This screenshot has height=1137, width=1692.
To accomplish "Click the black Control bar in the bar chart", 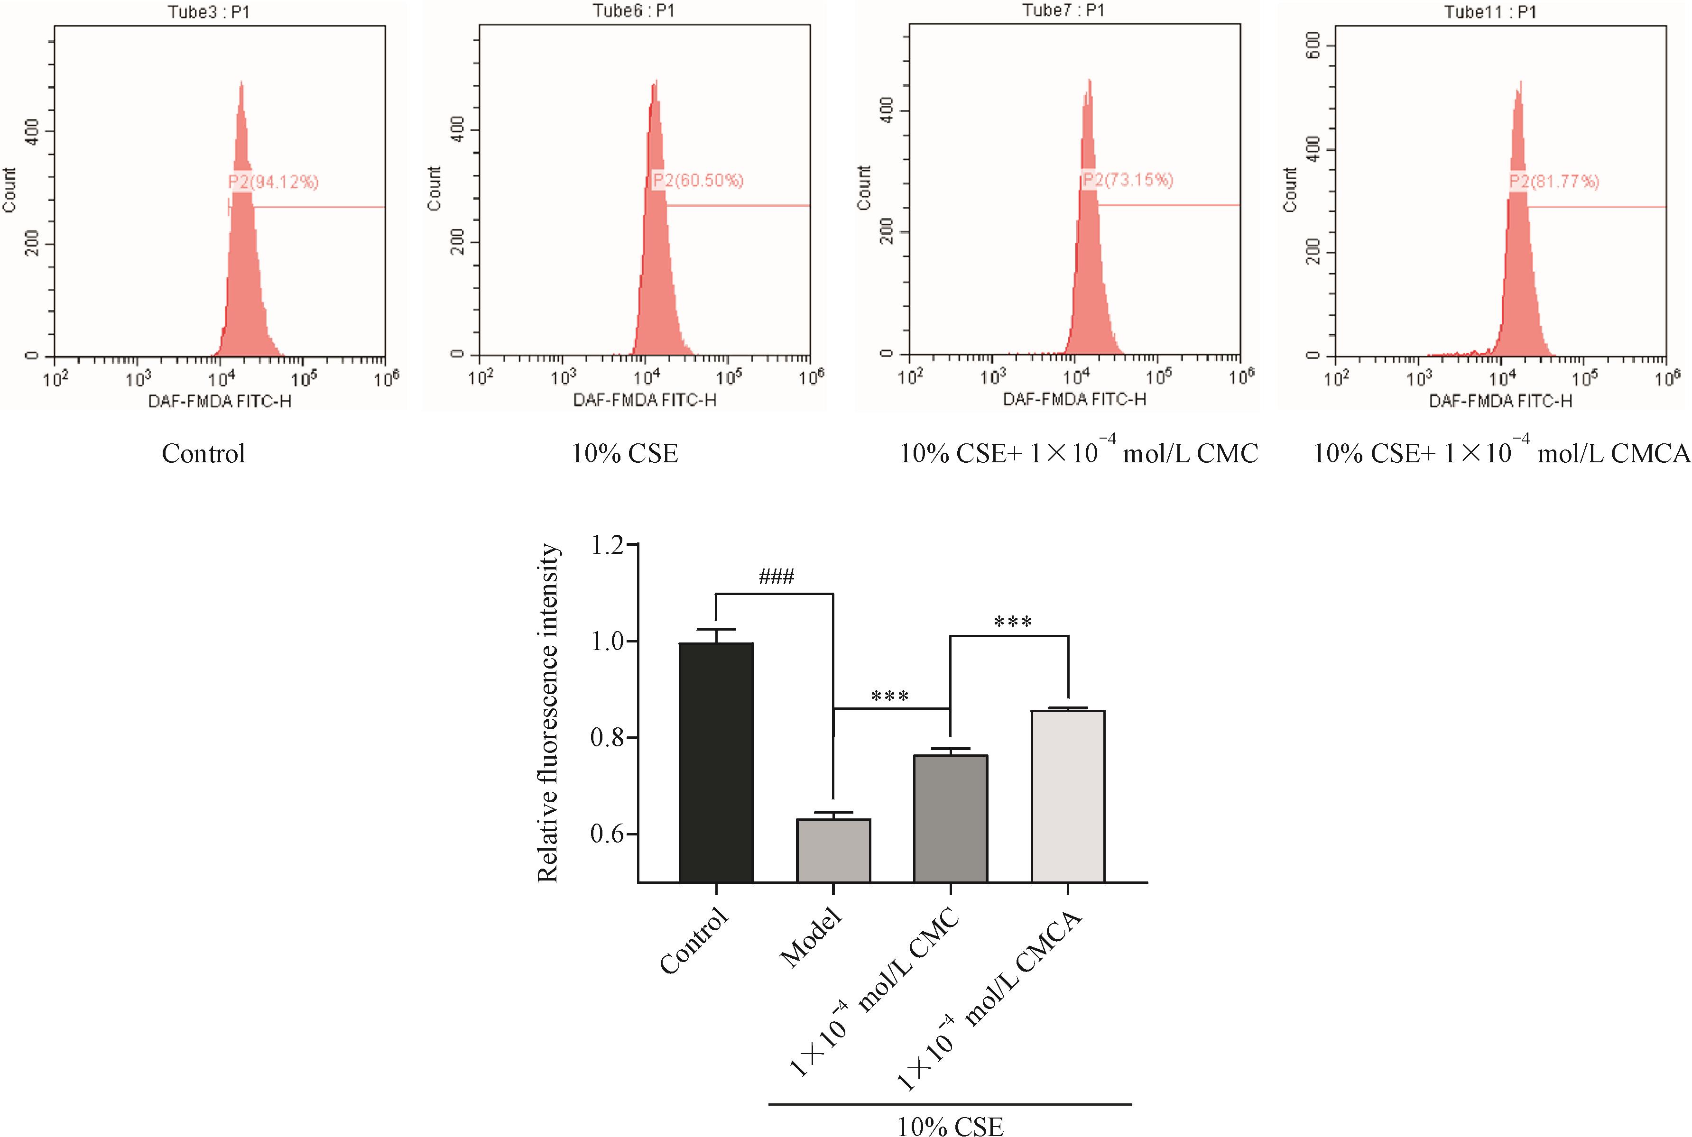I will pos(716,761).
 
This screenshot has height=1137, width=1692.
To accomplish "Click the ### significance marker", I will pos(776,577).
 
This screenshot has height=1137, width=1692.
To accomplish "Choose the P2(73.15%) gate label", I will pos(1127,180).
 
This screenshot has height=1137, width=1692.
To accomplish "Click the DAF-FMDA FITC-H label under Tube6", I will pos(645,400).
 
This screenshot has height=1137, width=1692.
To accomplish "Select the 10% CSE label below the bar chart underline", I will pos(950,1126).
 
